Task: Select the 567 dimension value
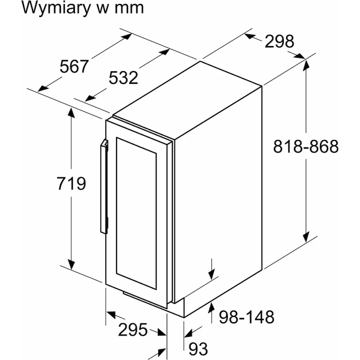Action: coord(74,67)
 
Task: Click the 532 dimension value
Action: coord(123,78)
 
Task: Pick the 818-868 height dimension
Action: coord(306,147)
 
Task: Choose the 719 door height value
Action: coord(71,184)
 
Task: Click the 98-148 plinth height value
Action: coord(247,317)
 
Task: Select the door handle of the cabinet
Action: coord(104,187)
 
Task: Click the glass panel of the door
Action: coord(136,212)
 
